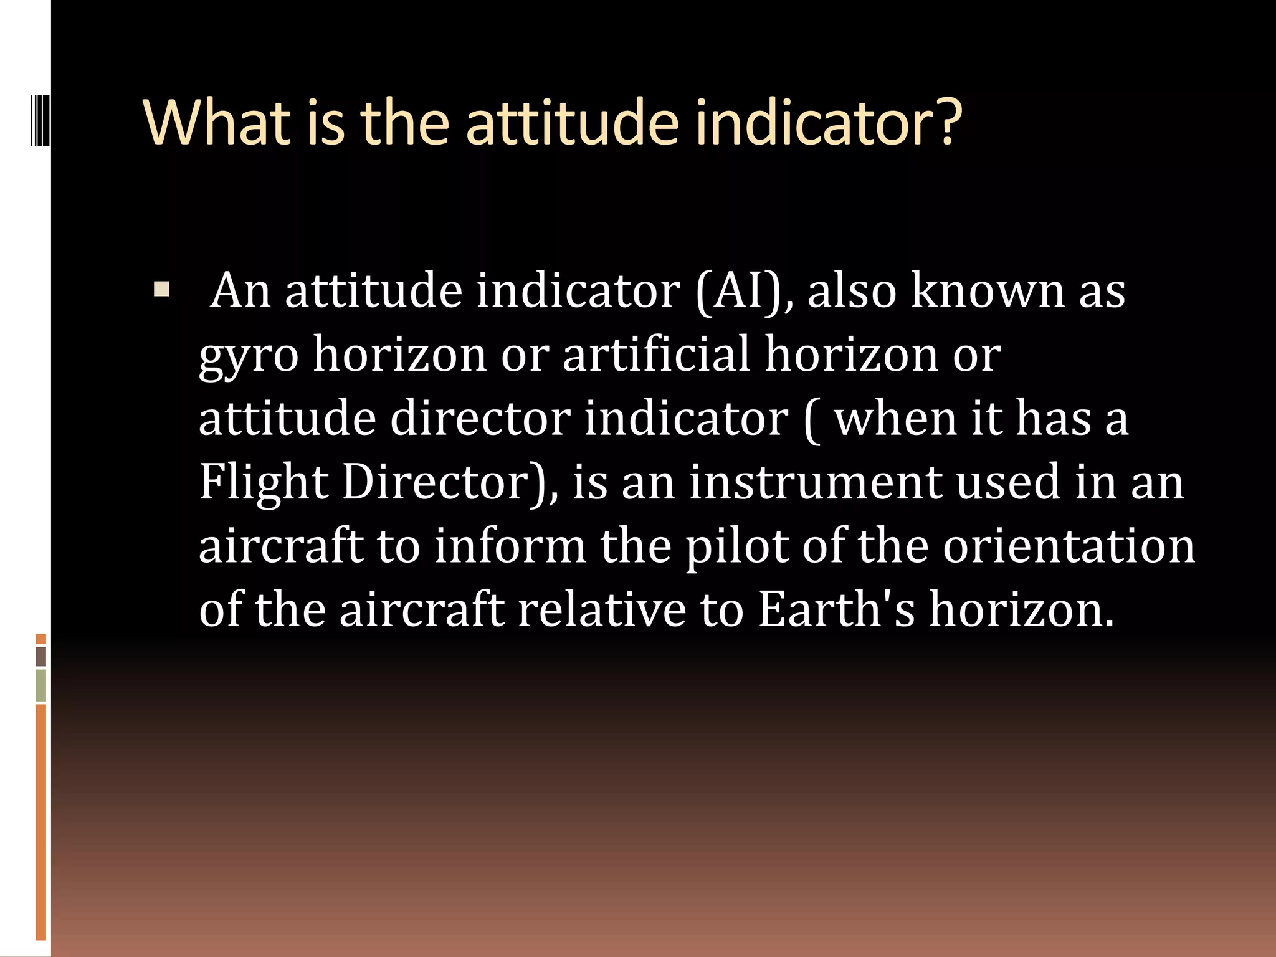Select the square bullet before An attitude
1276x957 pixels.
(161, 290)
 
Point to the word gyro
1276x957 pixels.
(249, 356)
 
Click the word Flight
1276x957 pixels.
(263, 482)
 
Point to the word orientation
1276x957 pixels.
(1068, 546)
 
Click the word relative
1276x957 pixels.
(601, 609)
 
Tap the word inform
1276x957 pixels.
(510, 546)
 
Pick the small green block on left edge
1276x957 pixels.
(40, 685)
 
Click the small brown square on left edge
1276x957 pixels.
(40, 656)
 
